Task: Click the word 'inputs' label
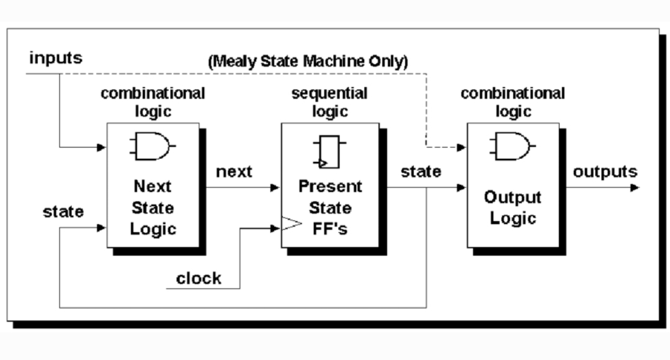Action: [x=56, y=58]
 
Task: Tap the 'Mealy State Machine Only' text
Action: [x=308, y=61]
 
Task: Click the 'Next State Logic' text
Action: [x=153, y=207]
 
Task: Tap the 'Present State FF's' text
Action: [x=329, y=207]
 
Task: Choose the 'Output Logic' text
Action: [x=513, y=208]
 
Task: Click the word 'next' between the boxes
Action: [x=234, y=172]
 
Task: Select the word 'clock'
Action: [x=199, y=278]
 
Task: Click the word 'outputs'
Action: [x=605, y=171]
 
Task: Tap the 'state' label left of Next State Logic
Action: [x=63, y=212]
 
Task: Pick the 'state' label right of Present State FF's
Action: [x=421, y=171]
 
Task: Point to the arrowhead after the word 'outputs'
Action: [x=634, y=187]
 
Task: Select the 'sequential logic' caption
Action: [x=329, y=102]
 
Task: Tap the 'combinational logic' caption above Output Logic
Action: [x=513, y=102]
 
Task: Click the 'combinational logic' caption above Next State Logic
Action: [x=153, y=102]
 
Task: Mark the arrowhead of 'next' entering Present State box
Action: [x=275, y=187]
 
